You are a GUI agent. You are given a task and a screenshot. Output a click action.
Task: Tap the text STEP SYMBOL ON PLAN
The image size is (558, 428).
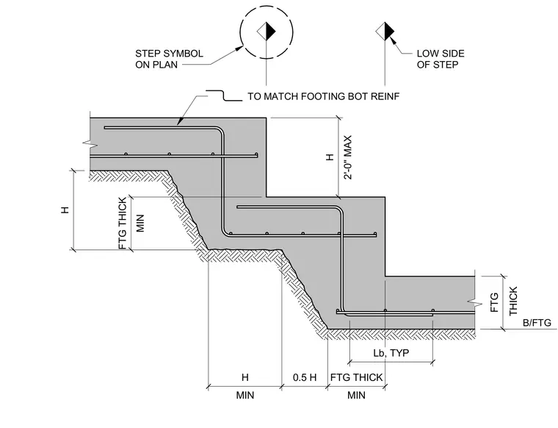tap(169, 59)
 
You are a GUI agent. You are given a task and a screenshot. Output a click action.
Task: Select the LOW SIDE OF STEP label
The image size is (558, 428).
tap(441, 59)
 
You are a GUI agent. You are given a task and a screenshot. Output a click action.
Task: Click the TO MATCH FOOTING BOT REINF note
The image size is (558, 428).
tap(324, 96)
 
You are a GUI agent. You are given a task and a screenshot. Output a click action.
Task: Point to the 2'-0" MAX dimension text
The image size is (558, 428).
tap(348, 157)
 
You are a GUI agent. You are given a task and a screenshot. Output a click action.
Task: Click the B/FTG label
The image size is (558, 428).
tap(537, 323)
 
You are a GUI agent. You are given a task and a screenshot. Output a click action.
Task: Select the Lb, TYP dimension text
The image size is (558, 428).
tap(391, 353)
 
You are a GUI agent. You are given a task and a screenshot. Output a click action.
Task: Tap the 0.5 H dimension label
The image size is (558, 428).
tap(305, 377)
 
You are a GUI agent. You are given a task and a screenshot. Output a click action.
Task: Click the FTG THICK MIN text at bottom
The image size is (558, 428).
tap(356, 386)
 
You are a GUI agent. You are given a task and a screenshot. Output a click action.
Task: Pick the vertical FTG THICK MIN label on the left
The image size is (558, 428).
tap(131, 224)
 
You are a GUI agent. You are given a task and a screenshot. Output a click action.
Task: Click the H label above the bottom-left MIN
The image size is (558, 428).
tap(244, 377)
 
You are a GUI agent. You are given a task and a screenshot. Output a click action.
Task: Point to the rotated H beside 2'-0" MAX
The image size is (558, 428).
tap(330, 157)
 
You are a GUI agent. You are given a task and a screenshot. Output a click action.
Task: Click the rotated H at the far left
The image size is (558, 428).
tap(65, 210)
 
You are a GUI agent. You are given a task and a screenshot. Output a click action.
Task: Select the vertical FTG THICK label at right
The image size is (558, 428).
tap(504, 302)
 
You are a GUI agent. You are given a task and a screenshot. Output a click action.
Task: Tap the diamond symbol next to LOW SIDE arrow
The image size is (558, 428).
tap(385, 32)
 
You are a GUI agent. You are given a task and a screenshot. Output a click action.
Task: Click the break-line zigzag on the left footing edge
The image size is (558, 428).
tap(90, 143)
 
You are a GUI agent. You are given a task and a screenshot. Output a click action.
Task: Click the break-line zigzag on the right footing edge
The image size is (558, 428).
tap(476, 303)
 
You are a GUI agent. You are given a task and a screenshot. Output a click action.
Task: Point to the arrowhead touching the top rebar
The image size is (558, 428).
tap(180, 121)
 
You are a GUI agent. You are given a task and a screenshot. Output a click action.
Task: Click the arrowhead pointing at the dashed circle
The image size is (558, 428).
tap(239, 49)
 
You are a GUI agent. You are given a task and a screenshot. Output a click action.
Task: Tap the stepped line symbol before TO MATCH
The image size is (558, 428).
tap(224, 96)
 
